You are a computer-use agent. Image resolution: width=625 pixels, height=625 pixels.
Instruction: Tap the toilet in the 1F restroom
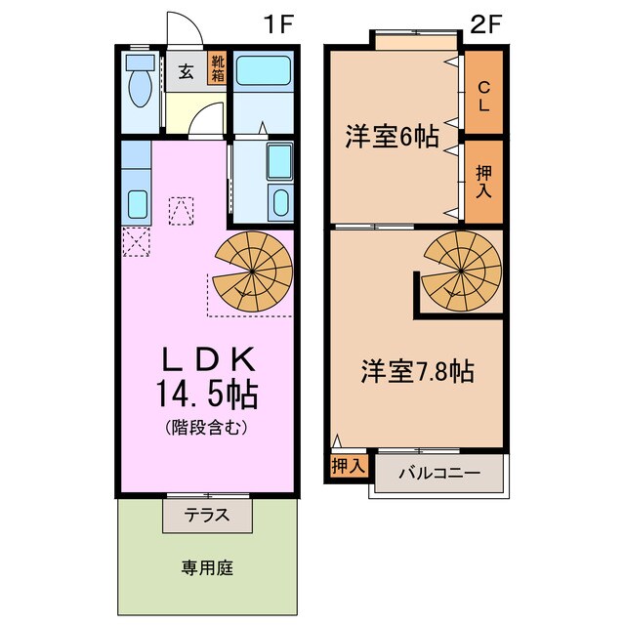click(x=138, y=87)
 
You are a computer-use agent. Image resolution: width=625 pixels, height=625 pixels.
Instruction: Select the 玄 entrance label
click(x=185, y=71)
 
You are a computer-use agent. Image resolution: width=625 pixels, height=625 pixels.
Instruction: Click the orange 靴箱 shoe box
click(x=216, y=70)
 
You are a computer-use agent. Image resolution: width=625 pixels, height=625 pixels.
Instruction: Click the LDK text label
click(x=208, y=357)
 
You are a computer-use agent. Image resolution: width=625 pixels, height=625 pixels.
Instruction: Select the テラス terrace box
click(x=208, y=515)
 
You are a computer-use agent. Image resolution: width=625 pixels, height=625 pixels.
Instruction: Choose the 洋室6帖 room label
click(x=391, y=137)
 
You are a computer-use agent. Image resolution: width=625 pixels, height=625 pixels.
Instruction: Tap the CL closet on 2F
click(x=483, y=93)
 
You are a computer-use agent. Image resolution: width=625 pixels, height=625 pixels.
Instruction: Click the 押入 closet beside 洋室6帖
click(x=483, y=181)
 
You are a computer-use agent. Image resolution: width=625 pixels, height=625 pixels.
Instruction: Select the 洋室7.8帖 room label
click(x=418, y=371)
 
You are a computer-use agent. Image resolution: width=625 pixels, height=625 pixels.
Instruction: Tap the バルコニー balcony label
click(x=438, y=473)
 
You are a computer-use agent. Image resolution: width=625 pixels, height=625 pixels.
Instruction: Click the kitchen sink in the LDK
click(x=137, y=204)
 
